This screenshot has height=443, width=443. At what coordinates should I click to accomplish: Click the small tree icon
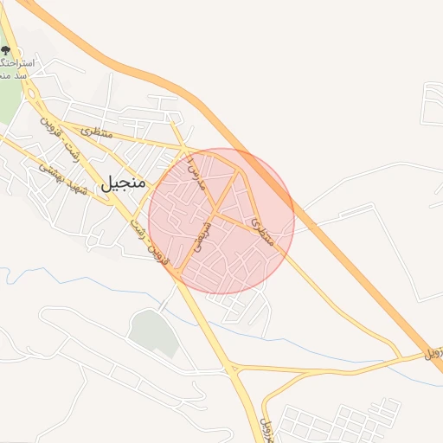(x=7, y=53)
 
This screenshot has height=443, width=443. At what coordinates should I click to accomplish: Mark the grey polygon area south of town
(x=153, y=333)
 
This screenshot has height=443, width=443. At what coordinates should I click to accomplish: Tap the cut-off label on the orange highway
(x=433, y=353)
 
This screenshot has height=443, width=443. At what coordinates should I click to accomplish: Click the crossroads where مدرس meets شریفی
(x=215, y=211)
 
